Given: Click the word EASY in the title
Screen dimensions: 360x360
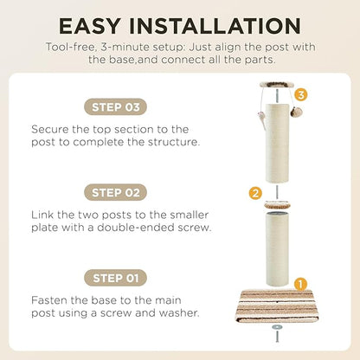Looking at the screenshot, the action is pos(89,26).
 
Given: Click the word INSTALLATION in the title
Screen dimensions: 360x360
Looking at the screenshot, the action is pos(215,26).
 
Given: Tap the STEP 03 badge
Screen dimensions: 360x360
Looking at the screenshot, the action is pos(115,107).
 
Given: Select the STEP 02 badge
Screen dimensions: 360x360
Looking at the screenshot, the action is pos(115,192).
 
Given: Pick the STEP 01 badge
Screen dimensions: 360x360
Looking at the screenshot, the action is pos(115,278).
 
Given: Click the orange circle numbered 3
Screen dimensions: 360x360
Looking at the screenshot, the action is pos(301,95).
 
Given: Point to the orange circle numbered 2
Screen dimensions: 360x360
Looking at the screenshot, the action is pos(255,193).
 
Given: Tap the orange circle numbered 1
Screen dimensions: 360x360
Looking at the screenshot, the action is pos(300,285).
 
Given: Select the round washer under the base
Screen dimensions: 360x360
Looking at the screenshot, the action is pos(277,327).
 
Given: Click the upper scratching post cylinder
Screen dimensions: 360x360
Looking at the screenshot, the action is pos(277,143).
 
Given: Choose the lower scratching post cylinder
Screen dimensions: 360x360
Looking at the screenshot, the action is pos(277,248).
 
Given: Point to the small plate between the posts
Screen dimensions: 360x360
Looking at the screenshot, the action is pos(277,205).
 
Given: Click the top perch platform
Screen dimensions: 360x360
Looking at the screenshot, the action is pos(277,85).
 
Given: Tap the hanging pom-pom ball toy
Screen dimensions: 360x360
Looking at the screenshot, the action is pos(296,111).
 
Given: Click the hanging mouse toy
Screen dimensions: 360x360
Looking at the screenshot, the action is pos(260,119).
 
